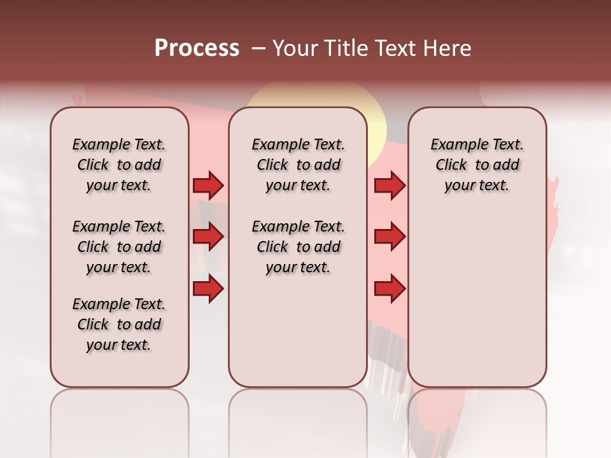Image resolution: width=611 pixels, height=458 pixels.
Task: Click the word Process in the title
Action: tap(197, 48)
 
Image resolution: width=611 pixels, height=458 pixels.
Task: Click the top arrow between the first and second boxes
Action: tap(208, 186)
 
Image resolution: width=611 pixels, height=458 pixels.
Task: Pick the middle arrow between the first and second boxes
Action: tap(208, 237)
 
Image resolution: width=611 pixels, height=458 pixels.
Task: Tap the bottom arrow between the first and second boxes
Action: tap(208, 289)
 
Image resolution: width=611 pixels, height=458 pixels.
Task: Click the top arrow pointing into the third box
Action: tap(390, 186)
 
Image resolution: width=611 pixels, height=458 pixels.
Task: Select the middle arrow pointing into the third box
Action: tap(390, 237)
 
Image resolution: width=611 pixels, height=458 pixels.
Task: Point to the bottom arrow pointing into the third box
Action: tap(390, 289)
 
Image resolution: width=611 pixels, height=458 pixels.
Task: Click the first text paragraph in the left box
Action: tap(119, 165)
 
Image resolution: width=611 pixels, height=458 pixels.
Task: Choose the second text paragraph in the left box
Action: tap(119, 247)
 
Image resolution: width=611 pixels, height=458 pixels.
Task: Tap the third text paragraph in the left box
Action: tap(119, 324)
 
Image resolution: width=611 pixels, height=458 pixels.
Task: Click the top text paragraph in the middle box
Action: tap(298, 165)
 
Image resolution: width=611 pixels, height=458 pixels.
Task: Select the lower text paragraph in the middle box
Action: tap(298, 247)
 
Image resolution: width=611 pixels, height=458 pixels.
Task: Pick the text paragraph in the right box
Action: tap(477, 165)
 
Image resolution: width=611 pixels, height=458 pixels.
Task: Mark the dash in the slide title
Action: tap(258, 48)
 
